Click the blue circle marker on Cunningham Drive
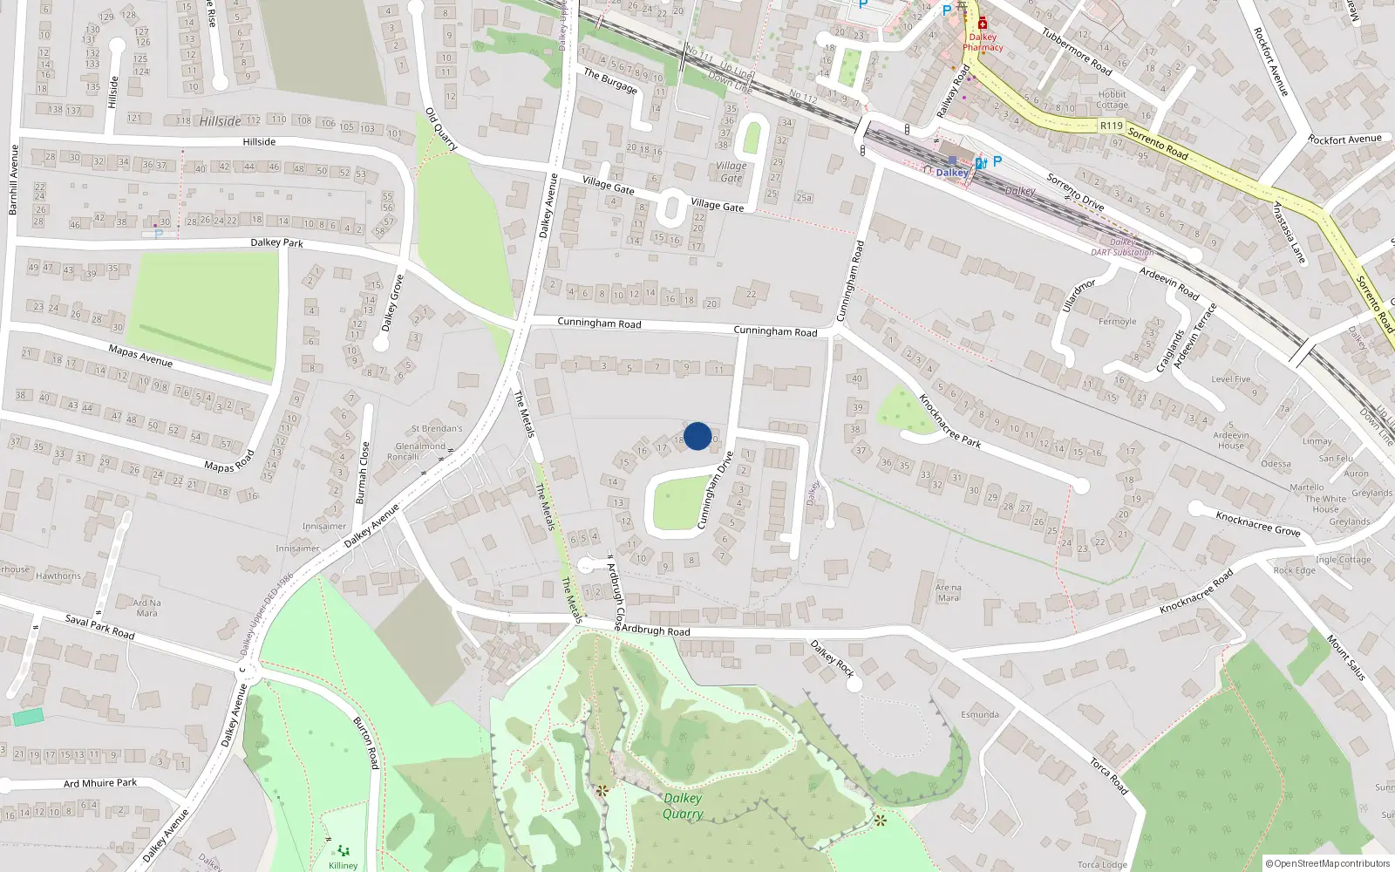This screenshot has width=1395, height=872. point(697,436)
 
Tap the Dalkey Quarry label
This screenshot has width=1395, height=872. point(683,806)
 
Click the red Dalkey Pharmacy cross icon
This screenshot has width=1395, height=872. point(983,24)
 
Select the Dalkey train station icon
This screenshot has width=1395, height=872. point(952,160)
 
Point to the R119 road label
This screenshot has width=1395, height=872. point(1112,126)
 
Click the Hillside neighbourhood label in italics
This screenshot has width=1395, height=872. point(221,121)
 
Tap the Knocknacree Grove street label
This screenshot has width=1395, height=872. point(1258,523)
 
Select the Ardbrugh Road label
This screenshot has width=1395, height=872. point(656,630)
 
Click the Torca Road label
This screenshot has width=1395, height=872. point(1109,776)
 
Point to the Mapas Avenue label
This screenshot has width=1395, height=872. point(140,356)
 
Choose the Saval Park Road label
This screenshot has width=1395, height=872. point(100,627)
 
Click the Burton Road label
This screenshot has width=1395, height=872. point(366,742)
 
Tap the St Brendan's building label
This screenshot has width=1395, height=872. point(437,428)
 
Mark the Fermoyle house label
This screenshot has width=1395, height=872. point(1117,322)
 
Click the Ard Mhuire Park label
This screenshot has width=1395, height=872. point(100,783)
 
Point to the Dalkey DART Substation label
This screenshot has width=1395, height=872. point(1122,247)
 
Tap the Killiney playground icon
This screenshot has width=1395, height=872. point(343,850)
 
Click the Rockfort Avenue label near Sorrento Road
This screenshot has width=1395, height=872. point(1344,140)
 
